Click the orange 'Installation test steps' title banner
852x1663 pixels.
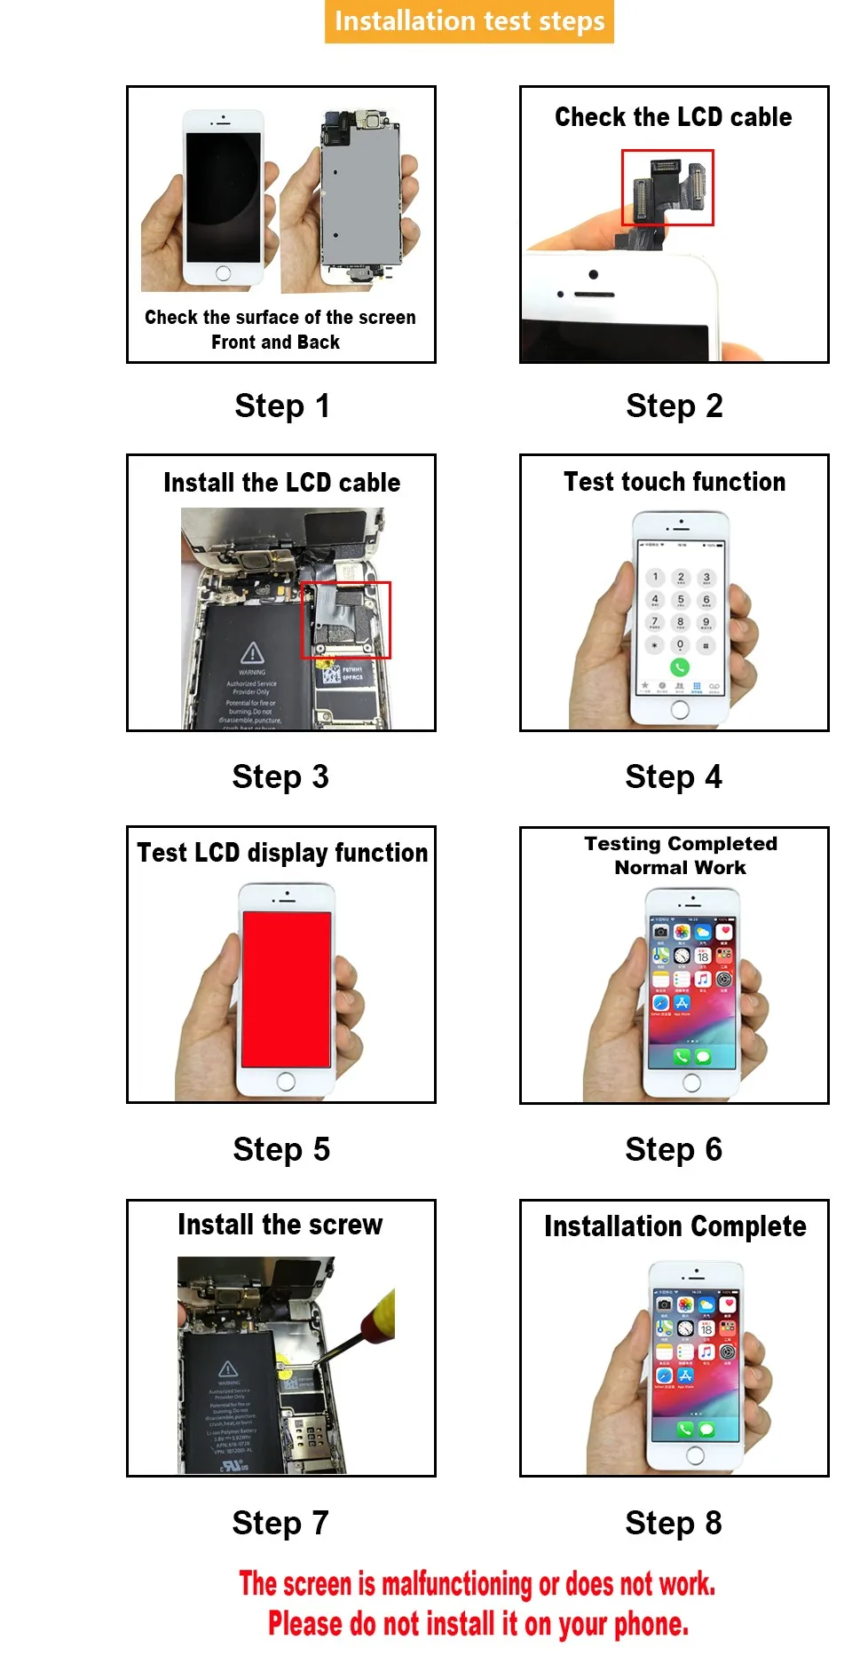(469, 21)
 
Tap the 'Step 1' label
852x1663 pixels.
(281, 406)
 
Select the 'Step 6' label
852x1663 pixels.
(673, 1150)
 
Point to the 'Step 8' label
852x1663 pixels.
(673, 1524)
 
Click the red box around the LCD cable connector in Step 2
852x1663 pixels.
(667, 187)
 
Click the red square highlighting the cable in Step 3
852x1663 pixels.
(345, 620)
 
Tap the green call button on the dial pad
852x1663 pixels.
(680, 667)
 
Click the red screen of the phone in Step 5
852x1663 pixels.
(286, 989)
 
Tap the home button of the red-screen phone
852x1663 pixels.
(286, 1082)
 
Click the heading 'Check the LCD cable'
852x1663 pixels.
(673, 117)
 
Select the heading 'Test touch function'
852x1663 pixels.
(674, 482)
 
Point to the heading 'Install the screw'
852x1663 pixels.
(280, 1225)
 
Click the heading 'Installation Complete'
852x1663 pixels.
(674, 1226)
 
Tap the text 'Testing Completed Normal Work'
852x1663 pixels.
(680, 855)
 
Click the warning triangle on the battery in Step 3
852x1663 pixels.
(252, 653)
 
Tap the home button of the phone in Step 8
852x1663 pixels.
(695, 1455)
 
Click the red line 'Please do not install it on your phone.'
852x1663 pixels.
(477, 1625)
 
